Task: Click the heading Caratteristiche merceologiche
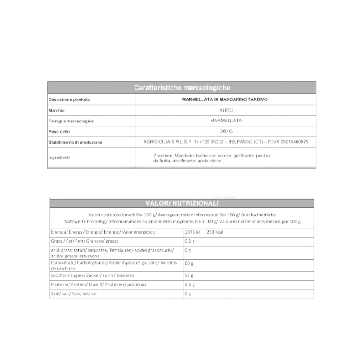click(182, 88)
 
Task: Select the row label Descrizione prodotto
click(69, 99)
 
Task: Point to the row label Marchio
click(57, 110)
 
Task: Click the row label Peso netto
click(60, 131)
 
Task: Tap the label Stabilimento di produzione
click(75, 142)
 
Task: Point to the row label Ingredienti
click(59, 157)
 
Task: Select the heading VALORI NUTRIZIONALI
click(182, 203)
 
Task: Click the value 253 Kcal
click(215, 232)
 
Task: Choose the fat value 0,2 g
click(190, 241)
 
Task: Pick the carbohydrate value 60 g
click(189, 262)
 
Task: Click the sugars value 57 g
click(189, 274)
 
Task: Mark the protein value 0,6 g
click(190, 284)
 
